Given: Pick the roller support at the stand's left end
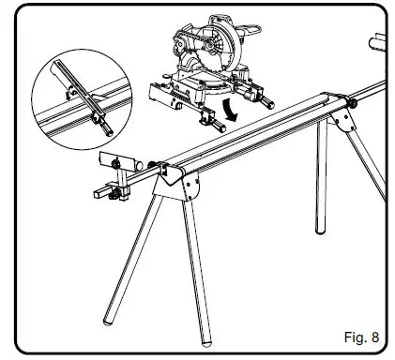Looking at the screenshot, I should click(109, 158).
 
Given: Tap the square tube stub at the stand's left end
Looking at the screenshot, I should click(99, 192).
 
